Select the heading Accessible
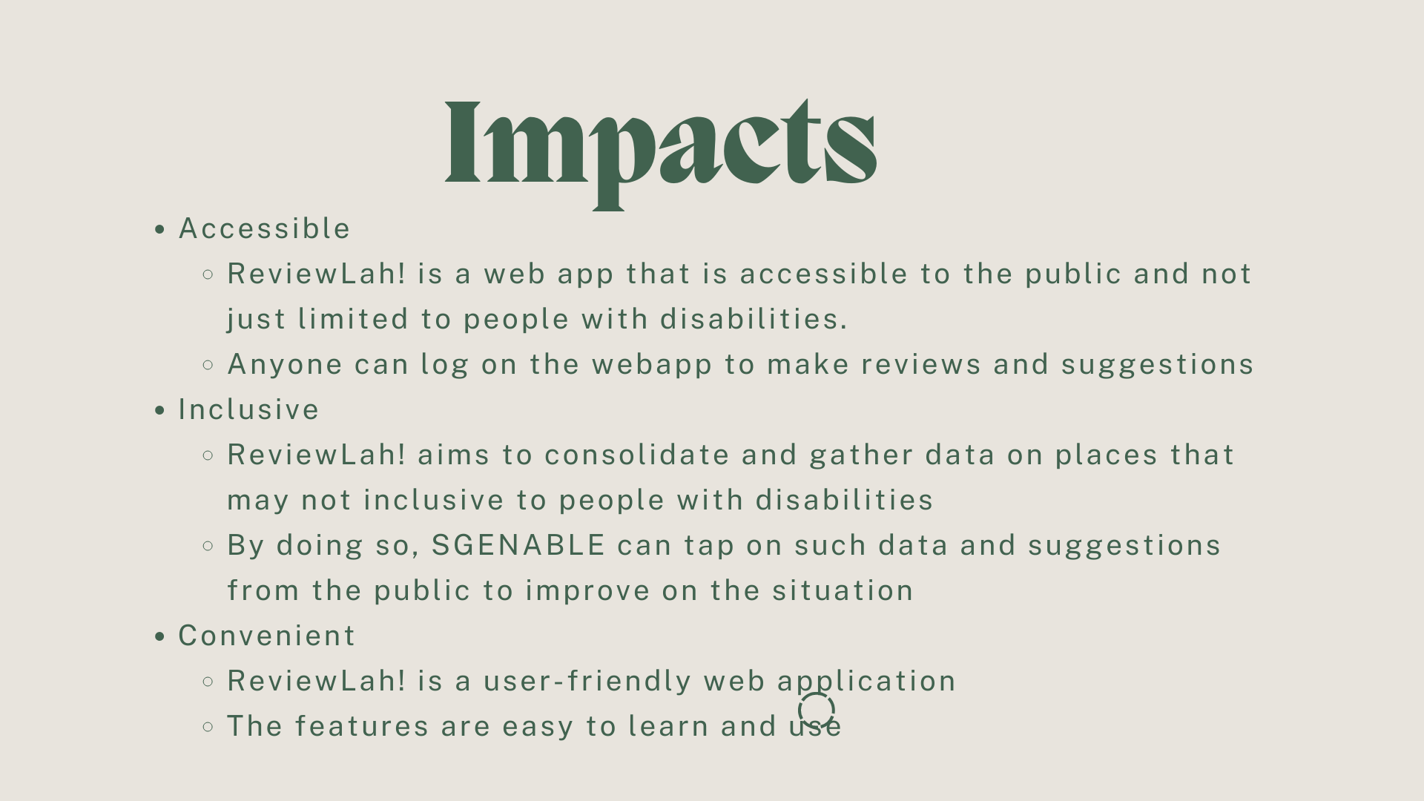265,228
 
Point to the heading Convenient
267,636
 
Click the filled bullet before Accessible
159,230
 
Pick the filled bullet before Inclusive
159,411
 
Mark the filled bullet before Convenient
159,637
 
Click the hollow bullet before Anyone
208,365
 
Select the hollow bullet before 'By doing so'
208,546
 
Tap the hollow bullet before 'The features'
208,727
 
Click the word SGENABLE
518,545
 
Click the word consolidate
637,455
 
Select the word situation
843,590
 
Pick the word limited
353,319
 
